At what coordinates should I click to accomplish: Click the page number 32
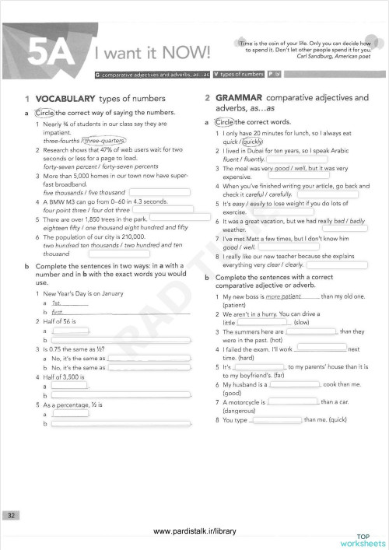(x=12, y=515)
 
